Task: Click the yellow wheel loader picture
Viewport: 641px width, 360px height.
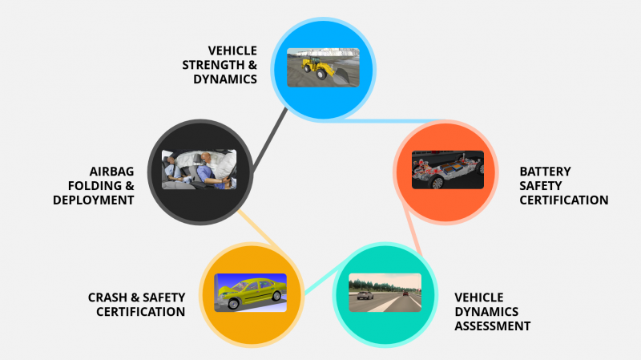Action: [x=323, y=67]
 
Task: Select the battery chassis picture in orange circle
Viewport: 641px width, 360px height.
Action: [x=448, y=169]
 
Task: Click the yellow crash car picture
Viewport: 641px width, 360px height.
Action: [x=250, y=293]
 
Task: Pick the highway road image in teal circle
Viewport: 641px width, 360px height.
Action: [x=385, y=293]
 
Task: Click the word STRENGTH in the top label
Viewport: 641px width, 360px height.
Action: [x=217, y=65]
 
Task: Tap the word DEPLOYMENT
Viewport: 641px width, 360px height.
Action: [x=94, y=200]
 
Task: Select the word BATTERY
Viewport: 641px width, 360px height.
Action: [x=545, y=172]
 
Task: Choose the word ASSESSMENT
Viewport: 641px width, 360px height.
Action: [x=493, y=326]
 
